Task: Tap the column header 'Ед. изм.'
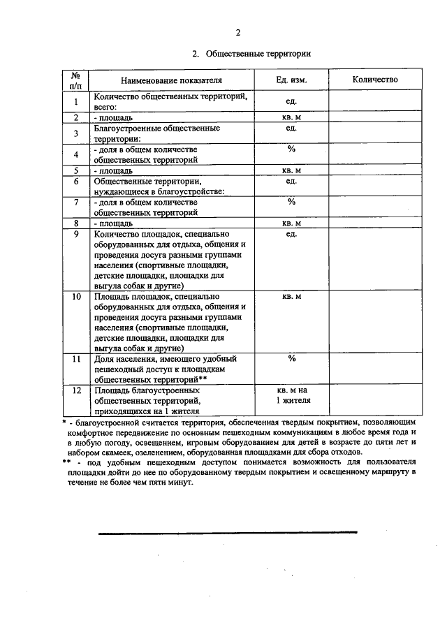(x=291, y=80)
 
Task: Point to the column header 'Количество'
(x=375, y=80)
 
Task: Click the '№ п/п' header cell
(x=75, y=80)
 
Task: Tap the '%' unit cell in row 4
(x=291, y=149)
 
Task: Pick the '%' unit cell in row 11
(x=291, y=358)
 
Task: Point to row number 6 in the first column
(x=75, y=181)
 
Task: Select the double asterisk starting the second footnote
(x=66, y=462)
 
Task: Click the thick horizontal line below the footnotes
(x=227, y=532)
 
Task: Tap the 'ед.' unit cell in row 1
(x=291, y=101)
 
